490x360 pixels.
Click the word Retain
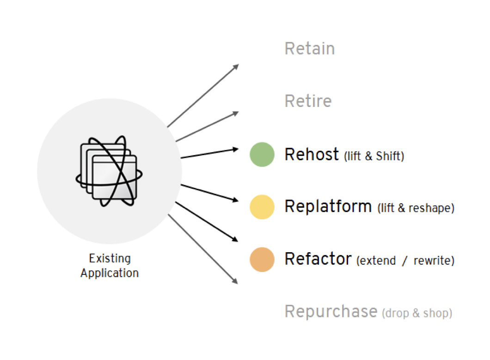coord(309,49)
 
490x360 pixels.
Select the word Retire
coord(308,101)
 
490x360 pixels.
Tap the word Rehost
coord(312,154)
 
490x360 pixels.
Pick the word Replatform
coord(328,206)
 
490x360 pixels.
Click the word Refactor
coord(318,259)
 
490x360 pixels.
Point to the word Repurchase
coord(331,311)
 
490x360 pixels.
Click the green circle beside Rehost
coord(262,155)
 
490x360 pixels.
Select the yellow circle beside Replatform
coord(262,207)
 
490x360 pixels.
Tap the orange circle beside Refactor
coord(262,259)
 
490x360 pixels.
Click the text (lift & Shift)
coord(374,156)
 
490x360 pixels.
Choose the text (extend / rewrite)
coord(405,261)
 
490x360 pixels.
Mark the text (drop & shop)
coord(417,313)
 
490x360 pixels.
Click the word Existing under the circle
coord(110,258)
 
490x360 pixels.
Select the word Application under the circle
coord(110,273)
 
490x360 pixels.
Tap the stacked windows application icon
coord(109,171)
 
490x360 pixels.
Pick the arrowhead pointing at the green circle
coord(235,149)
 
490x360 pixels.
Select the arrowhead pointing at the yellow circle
coord(235,200)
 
